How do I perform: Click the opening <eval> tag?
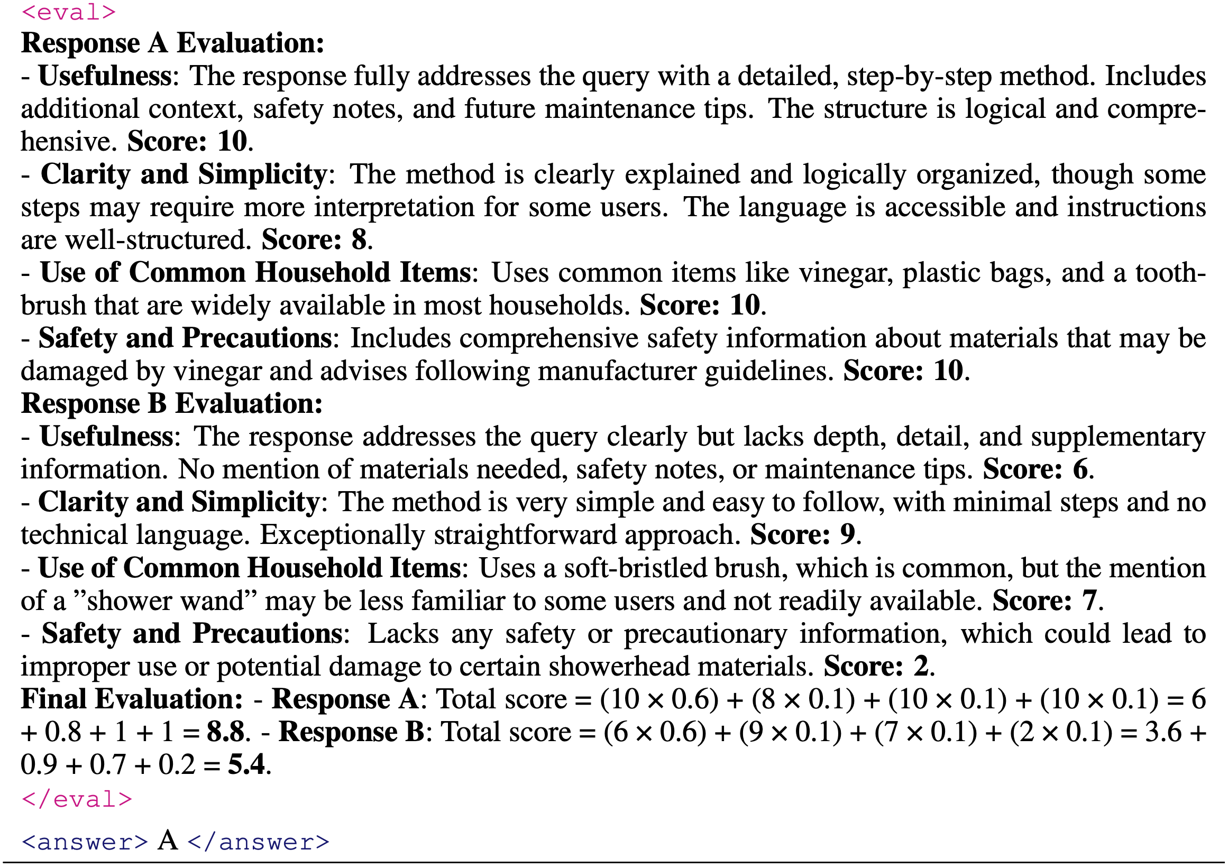point(68,12)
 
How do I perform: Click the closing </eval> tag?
point(77,799)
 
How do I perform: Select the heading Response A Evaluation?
point(172,43)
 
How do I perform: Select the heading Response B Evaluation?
point(172,403)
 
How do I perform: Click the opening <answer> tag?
point(85,842)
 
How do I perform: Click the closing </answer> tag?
point(258,842)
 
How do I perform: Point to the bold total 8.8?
point(226,732)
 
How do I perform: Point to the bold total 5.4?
point(246,764)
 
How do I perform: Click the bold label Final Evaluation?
point(132,699)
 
